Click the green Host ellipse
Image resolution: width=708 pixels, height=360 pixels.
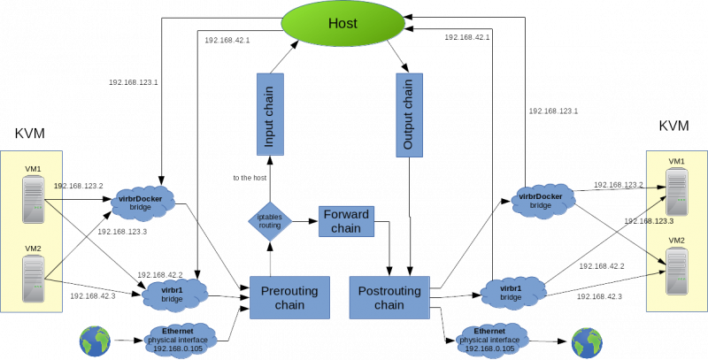(x=343, y=24)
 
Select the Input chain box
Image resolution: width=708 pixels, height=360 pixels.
(x=270, y=115)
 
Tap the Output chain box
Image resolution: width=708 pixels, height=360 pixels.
(x=409, y=115)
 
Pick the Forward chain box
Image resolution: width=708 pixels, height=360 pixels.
(x=346, y=221)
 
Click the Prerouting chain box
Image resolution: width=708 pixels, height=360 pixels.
(x=290, y=298)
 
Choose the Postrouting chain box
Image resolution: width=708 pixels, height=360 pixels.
(x=389, y=298)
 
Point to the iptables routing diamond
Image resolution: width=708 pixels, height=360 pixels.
(x=270, y=221)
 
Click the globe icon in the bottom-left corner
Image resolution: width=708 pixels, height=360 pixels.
(x=95, y=341)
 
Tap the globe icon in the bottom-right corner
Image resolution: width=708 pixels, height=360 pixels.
(x=587, y=342)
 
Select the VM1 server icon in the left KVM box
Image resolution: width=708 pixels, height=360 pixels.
(x=34, y=199)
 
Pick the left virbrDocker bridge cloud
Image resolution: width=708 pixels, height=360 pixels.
(x=142, y=203)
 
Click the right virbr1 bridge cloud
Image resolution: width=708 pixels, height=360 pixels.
(x=513, y=292)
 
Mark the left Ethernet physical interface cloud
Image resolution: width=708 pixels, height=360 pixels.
(x=180, y=340)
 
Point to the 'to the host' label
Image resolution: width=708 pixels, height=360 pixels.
(x=250, y=178)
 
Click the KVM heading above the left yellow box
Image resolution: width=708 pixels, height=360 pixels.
(x=30, y=134)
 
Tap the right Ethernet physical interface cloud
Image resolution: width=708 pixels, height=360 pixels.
(x=492, y=340)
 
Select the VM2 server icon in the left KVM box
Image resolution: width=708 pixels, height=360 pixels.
(x=34, y=279)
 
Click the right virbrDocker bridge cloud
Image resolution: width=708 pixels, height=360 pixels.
(x=543, y=200)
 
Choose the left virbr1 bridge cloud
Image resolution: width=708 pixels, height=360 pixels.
(x=174, y=295)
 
